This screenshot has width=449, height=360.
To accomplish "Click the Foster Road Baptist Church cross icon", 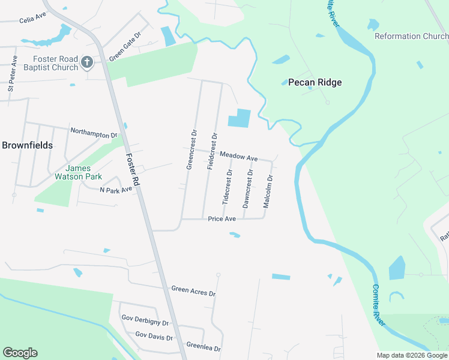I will pyautogui.click(x=87, y=62).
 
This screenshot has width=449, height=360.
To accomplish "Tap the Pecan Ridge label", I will pyautogui.click(x=315, y=82).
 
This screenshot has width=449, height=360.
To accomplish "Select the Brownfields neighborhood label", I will pyautogui.click(x=27, y=145).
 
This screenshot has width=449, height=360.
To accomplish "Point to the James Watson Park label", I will pyautogui.click(x=83, y=172).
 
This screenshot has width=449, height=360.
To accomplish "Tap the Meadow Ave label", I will pyautogui.click(x=238, y=156).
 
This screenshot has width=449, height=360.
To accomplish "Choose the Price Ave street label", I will pyautogui.click(x=221, y=219).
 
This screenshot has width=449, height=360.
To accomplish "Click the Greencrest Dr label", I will pyautogui.click(x=191, y=149).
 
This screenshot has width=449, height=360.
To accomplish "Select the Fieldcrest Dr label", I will pyautogui.click(x=212, y=151).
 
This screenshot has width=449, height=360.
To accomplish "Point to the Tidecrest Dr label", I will pyautogui.click(x=228, y=187).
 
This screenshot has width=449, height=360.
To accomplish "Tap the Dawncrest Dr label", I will pyautogui.click(x=247, y=188).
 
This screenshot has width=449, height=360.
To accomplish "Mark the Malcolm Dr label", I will pyautogui.click(x=268, y=191).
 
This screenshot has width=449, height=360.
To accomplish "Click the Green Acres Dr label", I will pyautogui.click(x=193, y=292).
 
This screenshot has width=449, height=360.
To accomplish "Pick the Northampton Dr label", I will pyautogui.click(x=94, y=133).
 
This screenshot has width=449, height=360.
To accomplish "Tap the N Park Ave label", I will pyautogui.click(x=115, y=190).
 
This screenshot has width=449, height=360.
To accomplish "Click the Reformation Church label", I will pyautogui.click(x=411, y=36).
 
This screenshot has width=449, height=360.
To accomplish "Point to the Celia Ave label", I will pyautogui.click(x=32, y=19).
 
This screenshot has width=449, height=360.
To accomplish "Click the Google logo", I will pyautogui.click(x=20, y=353).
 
